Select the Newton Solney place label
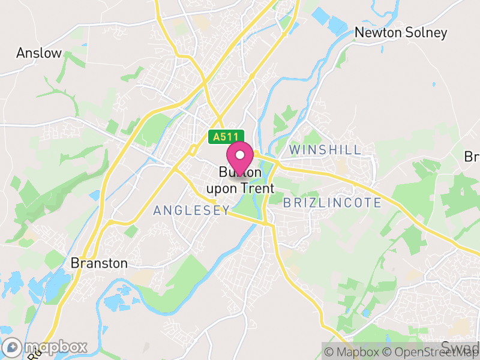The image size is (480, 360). click(401, 32)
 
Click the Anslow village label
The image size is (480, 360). click(39, 53)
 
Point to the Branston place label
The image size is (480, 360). click(99, 263)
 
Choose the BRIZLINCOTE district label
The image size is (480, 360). click(332, 203)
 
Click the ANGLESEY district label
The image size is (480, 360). click(191, 210)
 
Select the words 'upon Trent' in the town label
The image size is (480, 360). click(240, 188)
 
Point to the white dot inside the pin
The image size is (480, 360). click(241, 154)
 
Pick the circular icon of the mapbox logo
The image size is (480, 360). click(13, 347)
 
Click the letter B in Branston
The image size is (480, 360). click(75, 263)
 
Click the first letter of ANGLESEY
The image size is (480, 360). click(157, 210)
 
